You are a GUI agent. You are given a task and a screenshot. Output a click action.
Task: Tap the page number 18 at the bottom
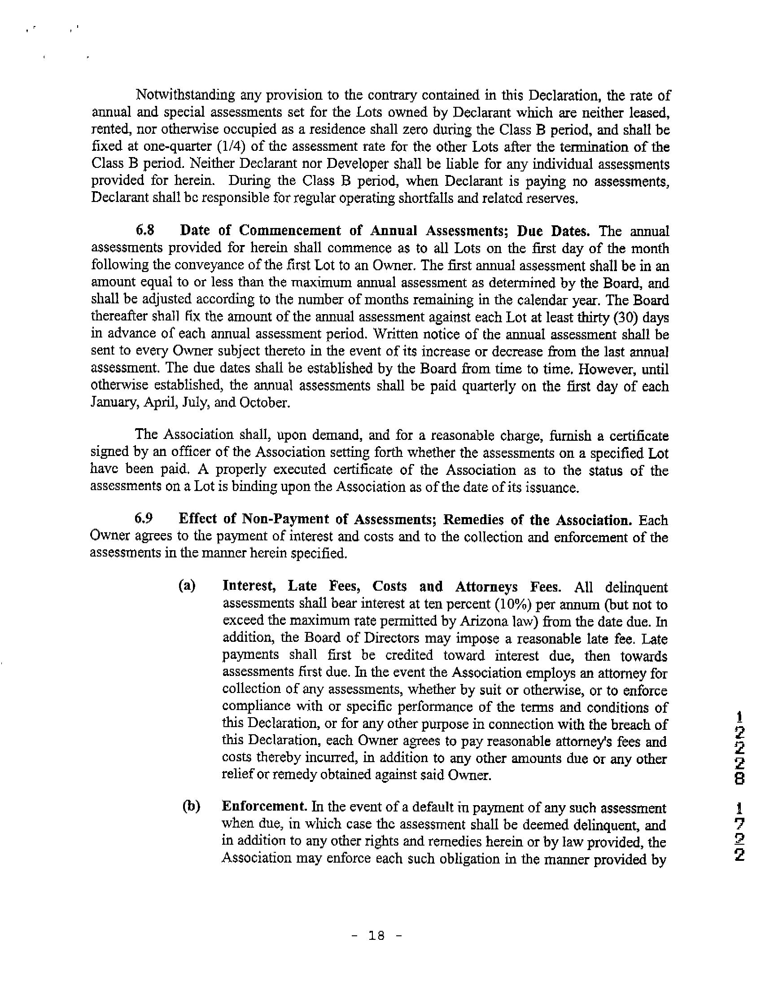[377, 935]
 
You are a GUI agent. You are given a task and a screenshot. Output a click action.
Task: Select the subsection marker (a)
[187, 586]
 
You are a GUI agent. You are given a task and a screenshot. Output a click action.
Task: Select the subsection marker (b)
[191, 807]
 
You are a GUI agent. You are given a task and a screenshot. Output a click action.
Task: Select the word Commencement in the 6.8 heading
[290, 231]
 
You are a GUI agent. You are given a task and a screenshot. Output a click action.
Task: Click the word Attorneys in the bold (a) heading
[486, 587]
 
